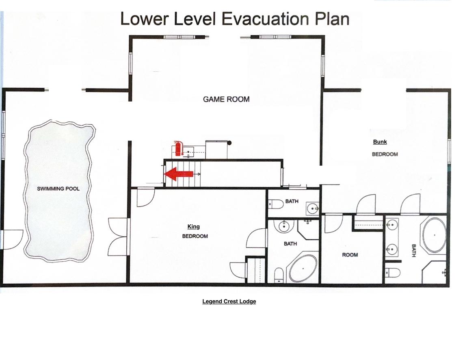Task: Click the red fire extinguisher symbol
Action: click(178, 148)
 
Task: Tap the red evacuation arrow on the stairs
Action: click(179, 174)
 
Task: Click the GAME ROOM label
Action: click(226, 99)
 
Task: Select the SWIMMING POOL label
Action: click(58, 189)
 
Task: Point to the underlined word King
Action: click(193, 226)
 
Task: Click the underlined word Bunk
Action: click(380, 141)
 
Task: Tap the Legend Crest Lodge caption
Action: click(229, 301)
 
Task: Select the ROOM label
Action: click(350, 255)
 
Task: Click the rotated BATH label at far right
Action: click(414, 250)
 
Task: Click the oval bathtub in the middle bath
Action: click(303, 268)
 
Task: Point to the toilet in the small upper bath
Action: click(276, 204)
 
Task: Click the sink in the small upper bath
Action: click(313, 208)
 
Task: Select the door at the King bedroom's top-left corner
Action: click(146, 197)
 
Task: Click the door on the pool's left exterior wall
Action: click(13, 239)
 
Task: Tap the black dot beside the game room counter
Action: click(229, 143)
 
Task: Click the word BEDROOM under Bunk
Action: click(385, 154)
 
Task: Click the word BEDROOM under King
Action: click(195, 236)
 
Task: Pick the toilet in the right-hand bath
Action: click(392, 273)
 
